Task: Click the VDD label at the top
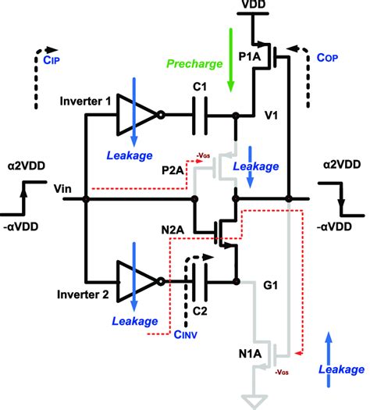(x=254, y=6)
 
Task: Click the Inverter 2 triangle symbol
(x=135, y=281)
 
